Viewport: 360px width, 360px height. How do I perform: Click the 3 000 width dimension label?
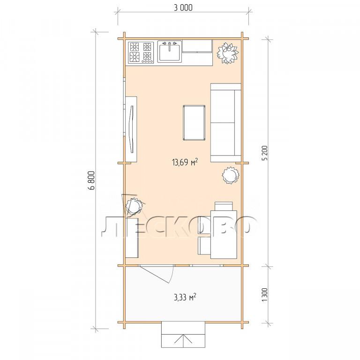183,8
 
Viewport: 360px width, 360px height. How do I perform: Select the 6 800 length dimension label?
91,180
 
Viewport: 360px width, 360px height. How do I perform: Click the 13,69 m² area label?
185,162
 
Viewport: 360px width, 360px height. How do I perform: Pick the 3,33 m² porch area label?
185,297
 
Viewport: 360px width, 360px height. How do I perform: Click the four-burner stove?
141,52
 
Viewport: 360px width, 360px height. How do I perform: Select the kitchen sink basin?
170,52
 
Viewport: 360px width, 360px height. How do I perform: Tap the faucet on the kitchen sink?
170,45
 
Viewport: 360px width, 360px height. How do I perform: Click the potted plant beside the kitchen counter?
228,53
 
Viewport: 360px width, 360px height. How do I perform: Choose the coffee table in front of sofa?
194,123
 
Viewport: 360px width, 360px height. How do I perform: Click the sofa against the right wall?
225,123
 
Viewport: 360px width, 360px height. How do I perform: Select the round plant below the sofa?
231,175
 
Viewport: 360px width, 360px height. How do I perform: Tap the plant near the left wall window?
135,205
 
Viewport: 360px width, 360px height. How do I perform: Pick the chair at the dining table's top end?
224,206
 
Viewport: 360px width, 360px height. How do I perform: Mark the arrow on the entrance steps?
183,341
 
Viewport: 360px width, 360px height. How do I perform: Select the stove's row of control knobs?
147,61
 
